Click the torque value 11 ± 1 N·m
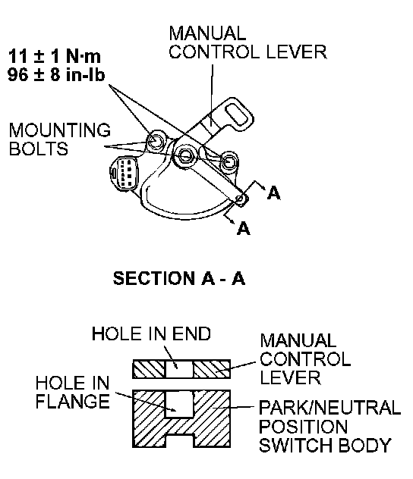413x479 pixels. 55,56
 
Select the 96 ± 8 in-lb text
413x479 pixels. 56,74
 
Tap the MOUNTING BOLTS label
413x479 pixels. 60,139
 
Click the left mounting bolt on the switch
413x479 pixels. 156,141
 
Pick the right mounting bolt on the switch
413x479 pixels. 229,161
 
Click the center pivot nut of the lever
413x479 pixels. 184,156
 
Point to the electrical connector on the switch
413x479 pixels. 125,174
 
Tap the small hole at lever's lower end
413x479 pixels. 240,199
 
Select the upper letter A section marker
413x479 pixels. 273,193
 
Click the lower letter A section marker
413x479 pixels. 243,228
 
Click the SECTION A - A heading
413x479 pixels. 179,278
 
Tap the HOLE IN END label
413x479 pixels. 151,333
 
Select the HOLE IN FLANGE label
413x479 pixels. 73,392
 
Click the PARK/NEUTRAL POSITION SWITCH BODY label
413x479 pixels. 329,426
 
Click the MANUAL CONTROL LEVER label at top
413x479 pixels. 247,42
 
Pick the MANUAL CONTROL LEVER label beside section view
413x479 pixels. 305,359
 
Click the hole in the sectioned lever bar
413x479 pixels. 180,369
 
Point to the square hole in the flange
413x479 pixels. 180,404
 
